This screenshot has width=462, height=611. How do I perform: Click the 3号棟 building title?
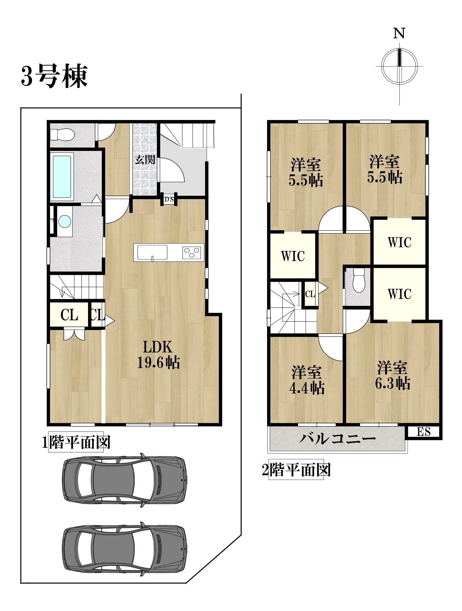click(54, 76)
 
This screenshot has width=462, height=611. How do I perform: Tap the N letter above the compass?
click(399, 34)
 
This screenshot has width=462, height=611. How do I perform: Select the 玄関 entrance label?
click(145, 159)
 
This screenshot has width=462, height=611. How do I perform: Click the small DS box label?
click(169, 199)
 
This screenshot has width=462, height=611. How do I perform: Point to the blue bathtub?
click(62, 176)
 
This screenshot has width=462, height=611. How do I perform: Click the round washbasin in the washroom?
click(65, 221)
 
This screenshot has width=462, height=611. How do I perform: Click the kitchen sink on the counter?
click(152, 252)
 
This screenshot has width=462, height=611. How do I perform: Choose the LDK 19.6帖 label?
click(158, 355)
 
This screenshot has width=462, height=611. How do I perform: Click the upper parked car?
click(124, 480)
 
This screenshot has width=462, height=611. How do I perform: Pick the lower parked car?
click(124, 549)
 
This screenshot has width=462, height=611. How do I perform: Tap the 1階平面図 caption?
click(76, 442)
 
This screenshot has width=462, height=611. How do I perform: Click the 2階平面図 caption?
click(296, 470)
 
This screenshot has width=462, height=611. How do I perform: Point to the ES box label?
click(424, 432)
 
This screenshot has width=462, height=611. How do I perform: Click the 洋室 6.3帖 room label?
click(392, 375)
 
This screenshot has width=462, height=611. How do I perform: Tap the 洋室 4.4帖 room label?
click(307, 380)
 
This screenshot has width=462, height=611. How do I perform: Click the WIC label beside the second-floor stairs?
click(293, 256)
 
